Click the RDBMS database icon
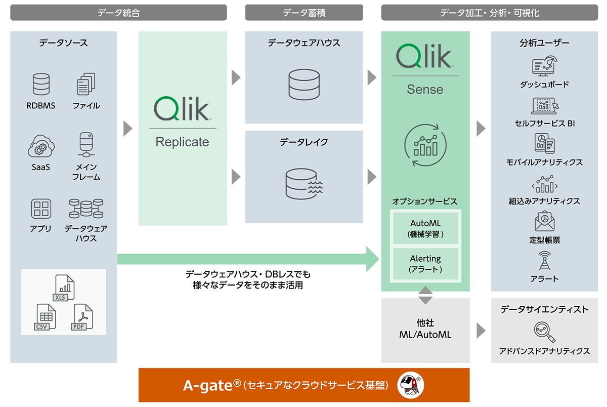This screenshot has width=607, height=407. (41, 85)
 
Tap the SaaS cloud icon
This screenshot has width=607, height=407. (41, 147)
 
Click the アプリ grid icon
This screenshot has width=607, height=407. (41, 209)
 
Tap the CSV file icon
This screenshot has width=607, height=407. (46, 317)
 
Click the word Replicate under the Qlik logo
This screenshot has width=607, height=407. (182, 142)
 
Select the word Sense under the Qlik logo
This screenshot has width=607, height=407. (425, 90)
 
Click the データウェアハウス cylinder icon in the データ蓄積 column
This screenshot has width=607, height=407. (303, 84)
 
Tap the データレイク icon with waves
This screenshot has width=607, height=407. (303, 183)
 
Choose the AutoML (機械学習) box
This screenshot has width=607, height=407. (425, 229)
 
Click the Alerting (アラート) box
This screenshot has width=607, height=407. (425, 264)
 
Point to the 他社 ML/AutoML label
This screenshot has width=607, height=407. (425, 329)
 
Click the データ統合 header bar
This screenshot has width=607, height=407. (118, 13)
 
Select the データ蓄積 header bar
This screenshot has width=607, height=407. (303, 13)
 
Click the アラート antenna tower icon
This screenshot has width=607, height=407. (544, 261)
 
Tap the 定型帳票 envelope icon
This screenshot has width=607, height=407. (544, 222)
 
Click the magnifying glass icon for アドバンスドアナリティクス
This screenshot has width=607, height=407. (544, 332)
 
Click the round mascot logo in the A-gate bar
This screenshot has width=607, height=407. (410, 385)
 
